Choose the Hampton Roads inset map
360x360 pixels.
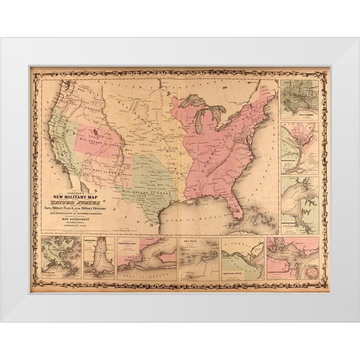tap(299, 203)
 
